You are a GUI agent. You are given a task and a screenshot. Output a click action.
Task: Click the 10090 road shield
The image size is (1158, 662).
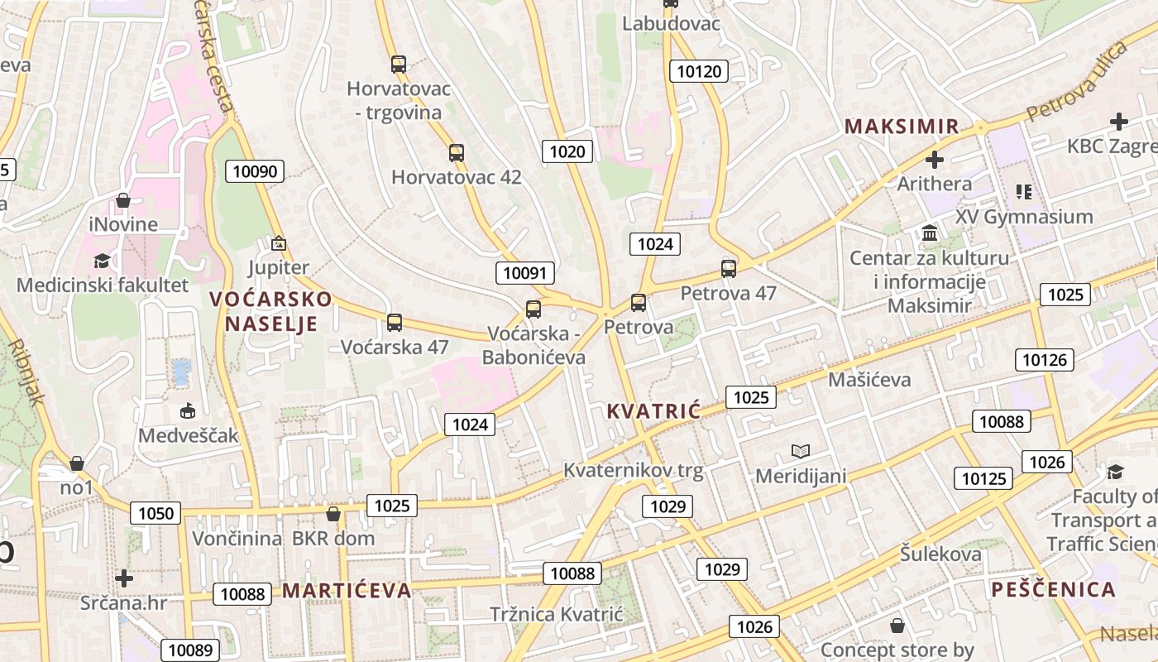click(x=255, y=171)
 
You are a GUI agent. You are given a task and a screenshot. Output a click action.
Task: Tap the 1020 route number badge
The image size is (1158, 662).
click(x=567, y=151)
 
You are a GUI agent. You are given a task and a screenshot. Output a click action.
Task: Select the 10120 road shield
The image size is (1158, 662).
click(x=699, y=71)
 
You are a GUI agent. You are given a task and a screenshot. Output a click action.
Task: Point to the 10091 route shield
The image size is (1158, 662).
click(x=525, y=273)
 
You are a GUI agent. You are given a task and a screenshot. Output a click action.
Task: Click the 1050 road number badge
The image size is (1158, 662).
click(x=156, y=514)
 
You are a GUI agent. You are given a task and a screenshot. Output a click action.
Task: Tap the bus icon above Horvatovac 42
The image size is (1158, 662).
click(x=456, y=152)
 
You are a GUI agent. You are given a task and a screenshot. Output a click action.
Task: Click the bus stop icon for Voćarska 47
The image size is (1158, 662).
click(x=395, y=322)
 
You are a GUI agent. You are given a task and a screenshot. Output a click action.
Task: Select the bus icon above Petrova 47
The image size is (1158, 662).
click(x=728, y=268)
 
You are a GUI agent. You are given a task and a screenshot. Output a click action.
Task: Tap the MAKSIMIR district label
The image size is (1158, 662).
click(x=902, y=127)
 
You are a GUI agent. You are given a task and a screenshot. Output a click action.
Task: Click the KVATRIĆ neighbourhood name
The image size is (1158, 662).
click(x=653, y=411)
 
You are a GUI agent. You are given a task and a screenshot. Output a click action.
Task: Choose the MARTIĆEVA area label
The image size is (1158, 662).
click(x=347, y=590)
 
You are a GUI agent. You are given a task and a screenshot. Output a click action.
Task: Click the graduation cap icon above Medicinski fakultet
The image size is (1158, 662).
click(x=102, y=261)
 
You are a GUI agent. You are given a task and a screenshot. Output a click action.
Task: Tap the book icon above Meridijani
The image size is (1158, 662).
click(x=800, y=451)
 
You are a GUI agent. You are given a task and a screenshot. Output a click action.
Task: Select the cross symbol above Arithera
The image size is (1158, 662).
click(x=935, y=160)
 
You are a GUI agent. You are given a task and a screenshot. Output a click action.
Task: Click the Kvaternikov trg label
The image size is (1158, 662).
click(x=633, y=471)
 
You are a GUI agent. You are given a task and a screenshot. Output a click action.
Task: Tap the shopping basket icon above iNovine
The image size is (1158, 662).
click(x=123, y=200)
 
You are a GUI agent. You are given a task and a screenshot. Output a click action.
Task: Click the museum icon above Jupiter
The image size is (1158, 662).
click(x=279, y=243)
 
